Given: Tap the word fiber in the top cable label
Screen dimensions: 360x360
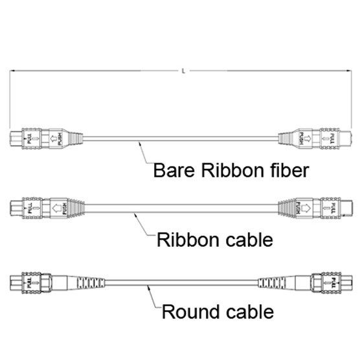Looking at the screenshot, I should pos(283,171).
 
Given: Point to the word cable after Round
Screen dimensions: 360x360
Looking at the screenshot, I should pos(249,312).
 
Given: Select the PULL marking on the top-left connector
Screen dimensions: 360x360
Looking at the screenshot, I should pos(28,138).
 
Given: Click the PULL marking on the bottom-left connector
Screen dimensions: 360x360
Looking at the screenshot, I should pos(30,282).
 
